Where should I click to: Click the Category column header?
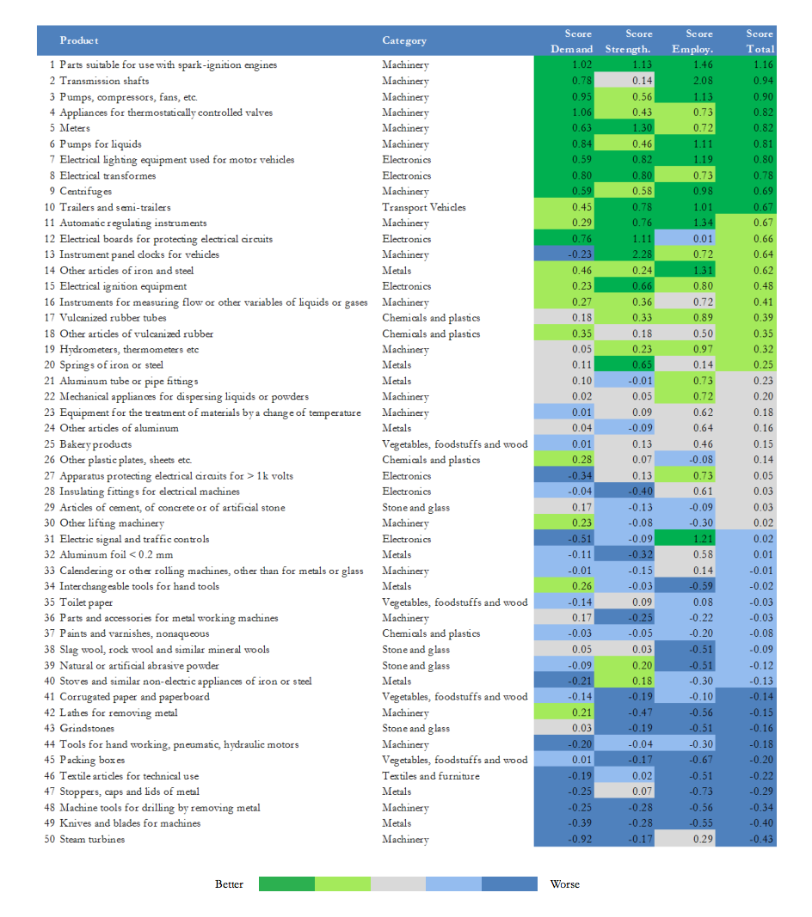(404, 41)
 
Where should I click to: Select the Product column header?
(79, 40)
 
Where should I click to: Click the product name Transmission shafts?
(104, 81)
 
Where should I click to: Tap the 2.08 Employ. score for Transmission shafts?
(703, 81)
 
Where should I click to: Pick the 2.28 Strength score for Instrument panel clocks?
(643, 254)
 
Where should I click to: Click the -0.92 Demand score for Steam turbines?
(580, 839)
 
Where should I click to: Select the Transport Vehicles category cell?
(424, 207)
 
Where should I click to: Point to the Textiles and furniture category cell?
(431, 776)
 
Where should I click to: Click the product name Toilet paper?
(86, 602)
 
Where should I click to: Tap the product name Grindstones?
(87, 729)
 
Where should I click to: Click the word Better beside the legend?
(229, 884)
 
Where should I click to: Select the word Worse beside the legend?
(565, 884)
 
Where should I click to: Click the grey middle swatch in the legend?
(398, 884)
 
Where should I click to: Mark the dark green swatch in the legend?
(286, 884)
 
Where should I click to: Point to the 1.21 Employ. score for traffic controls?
(703, 539)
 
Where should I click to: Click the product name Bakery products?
(95, 444)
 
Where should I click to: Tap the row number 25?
(49, 444)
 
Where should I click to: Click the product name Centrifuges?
(85, 192)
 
